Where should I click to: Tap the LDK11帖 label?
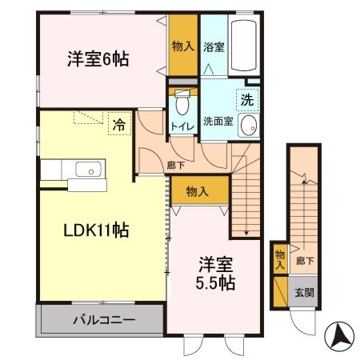97,230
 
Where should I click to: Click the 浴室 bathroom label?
214,47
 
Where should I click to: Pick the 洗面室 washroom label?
218,122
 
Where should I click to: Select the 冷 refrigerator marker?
118,125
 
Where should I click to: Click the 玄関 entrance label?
303,293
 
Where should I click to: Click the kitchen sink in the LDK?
86,170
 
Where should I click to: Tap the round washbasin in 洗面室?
248,125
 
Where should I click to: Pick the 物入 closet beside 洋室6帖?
182,46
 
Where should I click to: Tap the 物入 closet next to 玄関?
280,258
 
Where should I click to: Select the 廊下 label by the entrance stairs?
303,260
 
